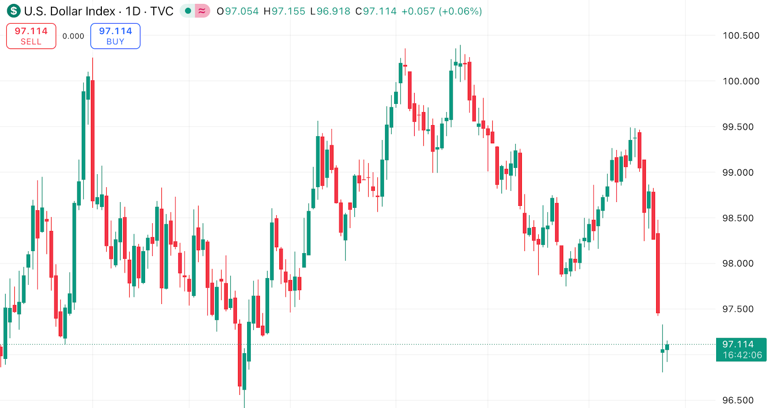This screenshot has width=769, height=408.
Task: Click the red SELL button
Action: coord(31,36)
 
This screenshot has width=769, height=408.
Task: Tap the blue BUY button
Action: coord(115,36)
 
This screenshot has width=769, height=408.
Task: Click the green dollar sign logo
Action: coord(13,11)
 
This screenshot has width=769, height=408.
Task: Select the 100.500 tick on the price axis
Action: coord(741,36)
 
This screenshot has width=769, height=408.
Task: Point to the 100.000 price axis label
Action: coord(741,81)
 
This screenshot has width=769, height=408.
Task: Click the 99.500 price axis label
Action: coord(738,127)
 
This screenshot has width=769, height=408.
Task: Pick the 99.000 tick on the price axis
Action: coord(738,173)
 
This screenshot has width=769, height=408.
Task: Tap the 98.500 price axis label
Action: coord(738,218)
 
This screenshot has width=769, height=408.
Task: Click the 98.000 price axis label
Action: coord(738,264)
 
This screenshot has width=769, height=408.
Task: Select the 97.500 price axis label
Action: coord(738,309)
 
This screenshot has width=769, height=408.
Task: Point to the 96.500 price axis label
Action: coord(738,400)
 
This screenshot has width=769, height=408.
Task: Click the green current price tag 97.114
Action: coord(741,349)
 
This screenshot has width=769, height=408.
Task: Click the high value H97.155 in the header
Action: coord(284,11)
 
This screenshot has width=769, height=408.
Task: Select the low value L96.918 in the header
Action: coord(330,11)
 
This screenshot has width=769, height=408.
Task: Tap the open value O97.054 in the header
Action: coord(237,11)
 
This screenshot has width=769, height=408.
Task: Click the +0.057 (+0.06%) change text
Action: coord(441,11)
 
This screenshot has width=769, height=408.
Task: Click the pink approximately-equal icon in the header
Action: coord(202,11)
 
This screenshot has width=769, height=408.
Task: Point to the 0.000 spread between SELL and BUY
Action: coord(73,36)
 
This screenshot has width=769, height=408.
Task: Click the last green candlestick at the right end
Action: coord(667,347)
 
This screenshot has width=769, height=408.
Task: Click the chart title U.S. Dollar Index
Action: coord(70,11)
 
